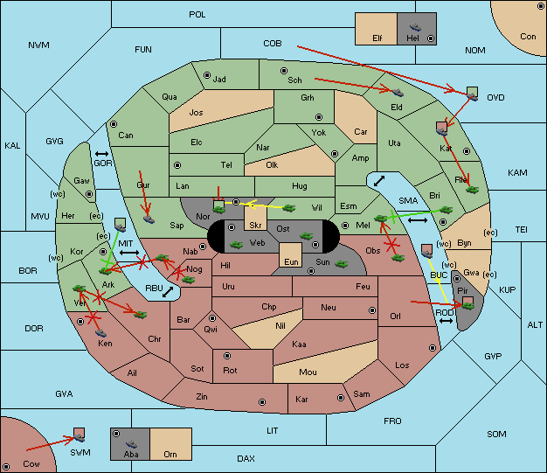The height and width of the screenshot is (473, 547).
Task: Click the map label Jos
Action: [196, 113]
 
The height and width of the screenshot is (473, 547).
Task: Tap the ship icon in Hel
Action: [415, 27]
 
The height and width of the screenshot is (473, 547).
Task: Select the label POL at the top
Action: [197, 15]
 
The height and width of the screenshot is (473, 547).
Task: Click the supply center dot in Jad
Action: [207, 75]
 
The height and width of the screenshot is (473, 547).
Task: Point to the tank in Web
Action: [237, 245]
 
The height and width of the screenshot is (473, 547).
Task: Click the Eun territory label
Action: [291, 261]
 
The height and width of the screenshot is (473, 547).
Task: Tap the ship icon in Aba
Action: [132, 443]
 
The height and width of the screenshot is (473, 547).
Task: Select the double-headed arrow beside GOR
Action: [102, 154]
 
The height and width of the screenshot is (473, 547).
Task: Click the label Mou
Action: [308, 372]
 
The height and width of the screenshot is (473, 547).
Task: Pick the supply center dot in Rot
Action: [227, 356]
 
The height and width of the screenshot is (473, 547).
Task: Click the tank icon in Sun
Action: [341, 264]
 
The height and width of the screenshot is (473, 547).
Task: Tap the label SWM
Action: [80, 452]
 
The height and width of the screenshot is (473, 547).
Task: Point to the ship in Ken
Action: [100, 332]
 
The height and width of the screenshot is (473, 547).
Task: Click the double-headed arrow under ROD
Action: [446, 321]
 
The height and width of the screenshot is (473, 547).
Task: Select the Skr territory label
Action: [255, 226]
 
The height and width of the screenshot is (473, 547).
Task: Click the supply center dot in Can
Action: [114, 124]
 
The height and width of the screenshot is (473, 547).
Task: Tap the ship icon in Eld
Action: [398, 93]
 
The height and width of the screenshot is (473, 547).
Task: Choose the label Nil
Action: [280, 326]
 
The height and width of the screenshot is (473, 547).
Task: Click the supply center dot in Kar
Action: [341, 398]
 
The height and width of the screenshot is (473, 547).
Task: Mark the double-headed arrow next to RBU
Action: [168, 292]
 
